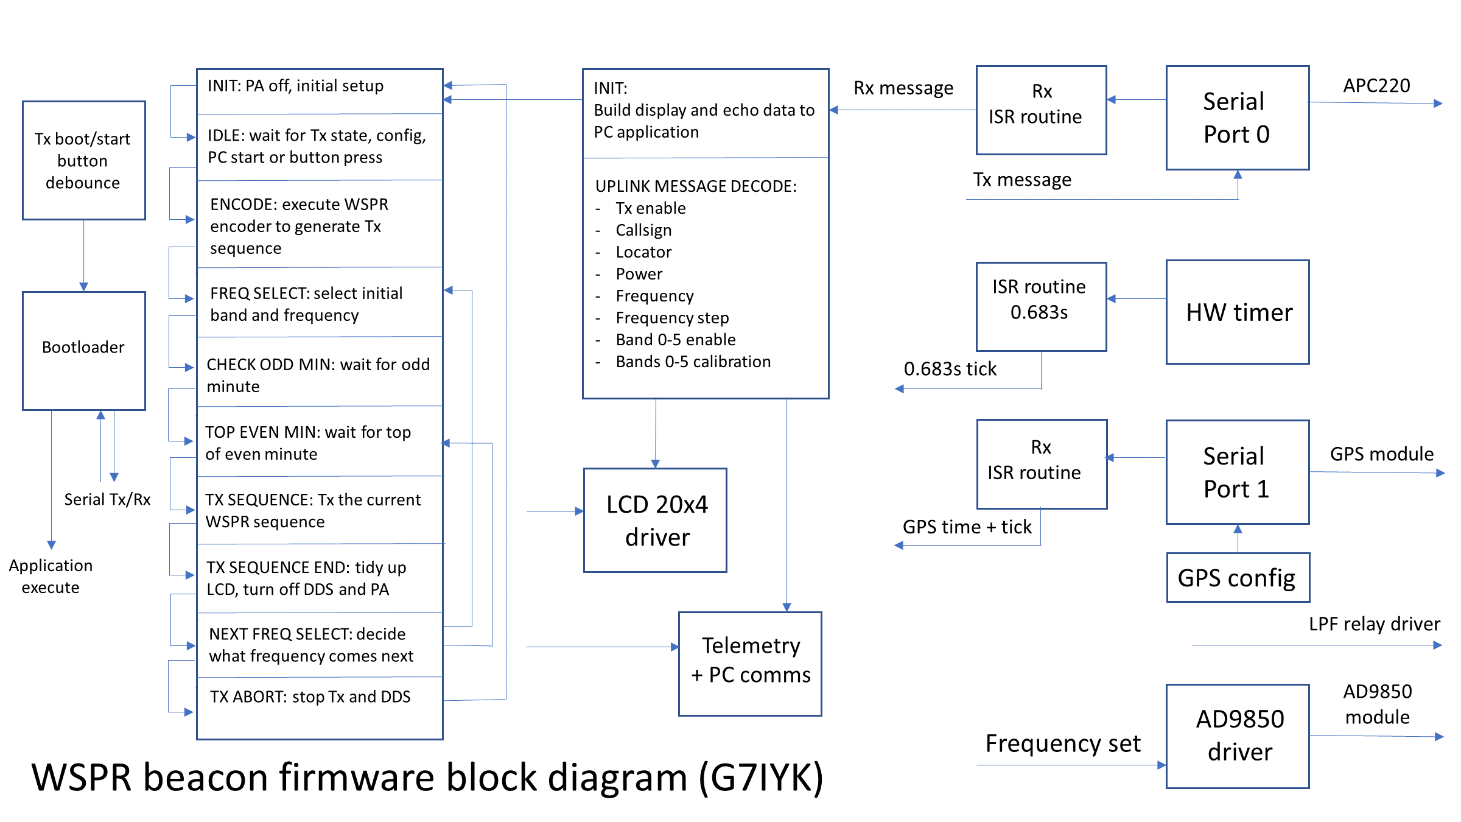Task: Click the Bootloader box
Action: pos(84,350)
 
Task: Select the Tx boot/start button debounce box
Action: pos(84,160)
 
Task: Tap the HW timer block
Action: pos(1238,312)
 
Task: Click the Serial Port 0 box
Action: pos(1238,118)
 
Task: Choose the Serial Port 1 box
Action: pos(1238,472)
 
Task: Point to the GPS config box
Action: pos(1238,577)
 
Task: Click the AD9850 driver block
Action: pos(1238,736)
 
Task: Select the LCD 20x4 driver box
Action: pos(656,521)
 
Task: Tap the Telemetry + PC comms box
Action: pos(750,664)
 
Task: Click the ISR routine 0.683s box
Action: pos(1041,306)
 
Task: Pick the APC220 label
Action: pos(1376,86)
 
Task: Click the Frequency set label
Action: pos(1063,743)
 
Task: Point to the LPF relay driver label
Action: pos(1375,624)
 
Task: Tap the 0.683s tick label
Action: pos(950,369)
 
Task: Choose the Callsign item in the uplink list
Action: pos(643,230)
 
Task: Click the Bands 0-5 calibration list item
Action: pos(693,362)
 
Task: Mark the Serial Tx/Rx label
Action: pos(108,500)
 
